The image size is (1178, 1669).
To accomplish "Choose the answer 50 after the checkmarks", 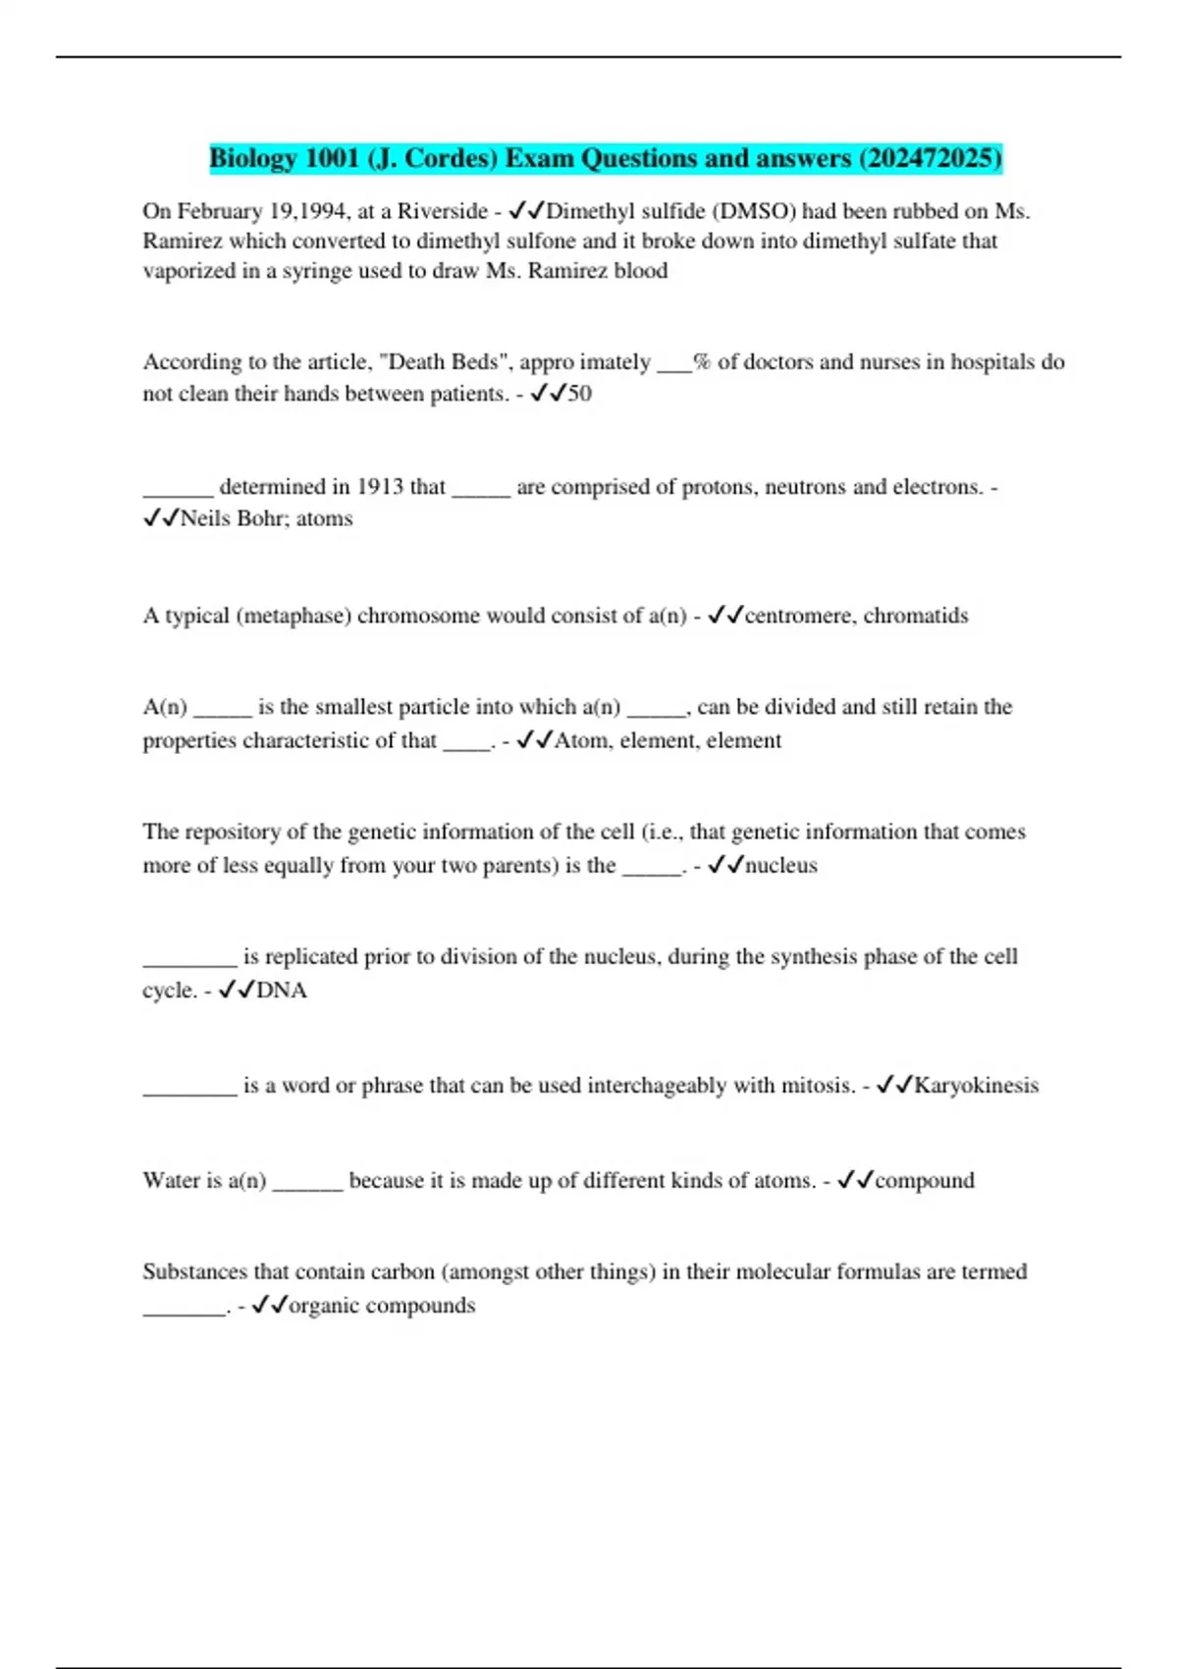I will pyautogui.click(x=580, y=394).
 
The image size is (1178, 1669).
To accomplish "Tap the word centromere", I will pyautogui.click(x=799, y=616).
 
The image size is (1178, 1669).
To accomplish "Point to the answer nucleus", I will pyautogui.click(x=781, y=865).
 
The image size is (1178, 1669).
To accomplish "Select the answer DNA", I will pyautogui.click(x=282, y=990).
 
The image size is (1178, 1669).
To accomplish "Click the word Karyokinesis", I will pyautogui.click(x=976, y=1085).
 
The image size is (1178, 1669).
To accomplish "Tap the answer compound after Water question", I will pyautogui.click(x=925, y=1180).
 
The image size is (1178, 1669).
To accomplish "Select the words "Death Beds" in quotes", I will pyautogui.click(x=447, y=362).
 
